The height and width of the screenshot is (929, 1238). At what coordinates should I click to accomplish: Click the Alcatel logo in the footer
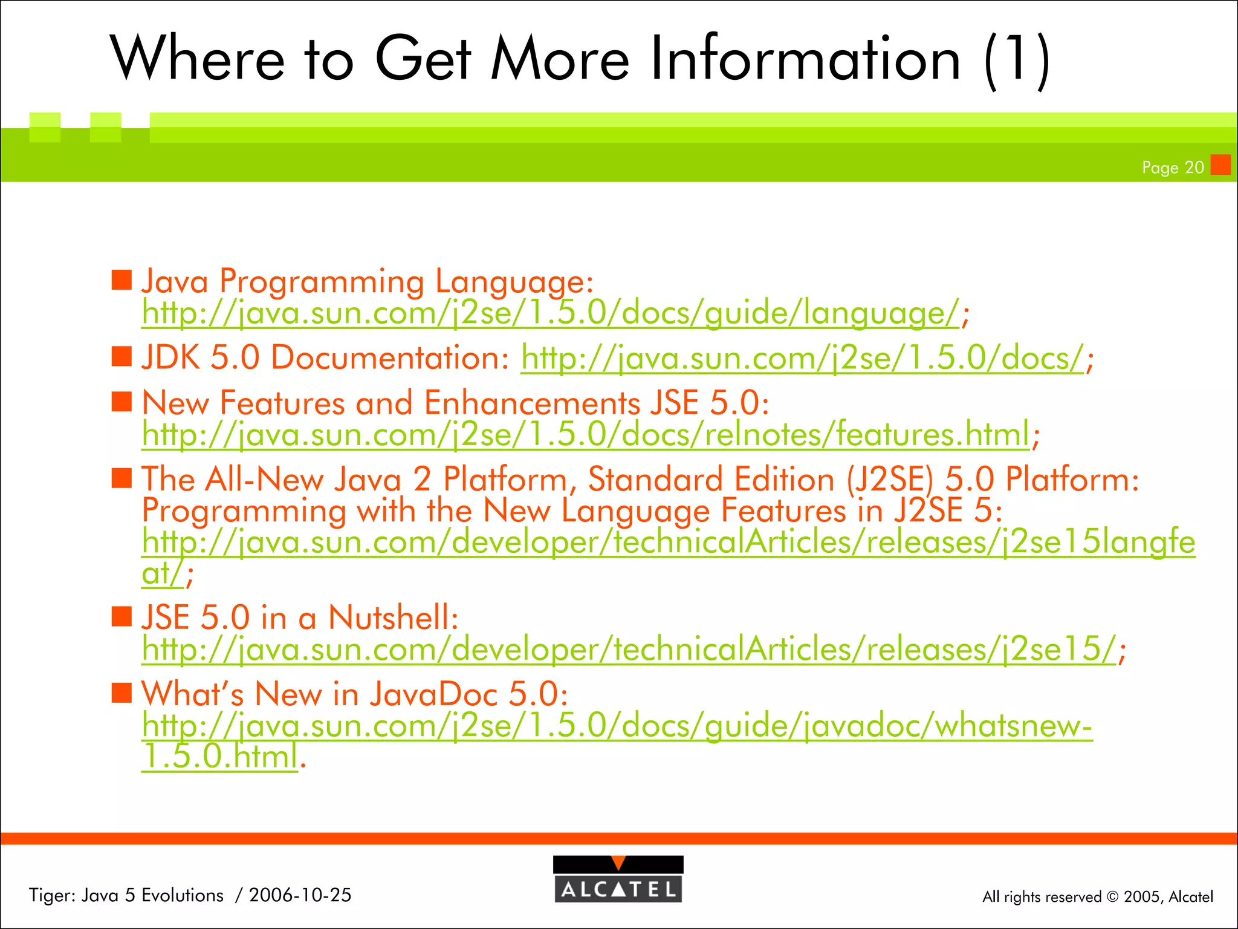pyautogui.click(x=618, y=879)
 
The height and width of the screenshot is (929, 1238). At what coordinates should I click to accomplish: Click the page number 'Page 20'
pyautogui.click(x=1173, y=168)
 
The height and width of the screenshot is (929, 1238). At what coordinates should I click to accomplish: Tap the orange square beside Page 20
pyautogui.click(x=1220, y=165)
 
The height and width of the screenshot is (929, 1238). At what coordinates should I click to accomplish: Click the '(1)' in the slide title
pyautogui.click(x=1017, y=60)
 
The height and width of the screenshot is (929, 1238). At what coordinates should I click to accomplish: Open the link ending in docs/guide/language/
pyautogui.click(x=550, y=313)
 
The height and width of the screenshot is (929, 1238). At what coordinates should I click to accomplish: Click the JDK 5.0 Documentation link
pyautogui.click(x=802, y=358)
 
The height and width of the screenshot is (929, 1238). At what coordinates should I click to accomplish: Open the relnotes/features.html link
pyautogui.click(x=585, y=434)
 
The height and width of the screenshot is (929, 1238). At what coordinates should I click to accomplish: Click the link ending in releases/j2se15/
pyautogui.click(x=629, y=650)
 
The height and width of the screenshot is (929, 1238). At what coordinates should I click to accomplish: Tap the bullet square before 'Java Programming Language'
pyautogui.click(x=122, y=281)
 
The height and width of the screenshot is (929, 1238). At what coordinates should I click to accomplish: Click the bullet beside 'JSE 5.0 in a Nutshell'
pyautogui.click(x=122, y=617)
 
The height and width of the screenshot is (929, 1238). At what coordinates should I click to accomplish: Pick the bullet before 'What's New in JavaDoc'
pyautogui.click(x=122, y=693)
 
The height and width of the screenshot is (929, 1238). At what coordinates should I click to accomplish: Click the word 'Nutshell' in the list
pyautogui.click(x=394, y=618)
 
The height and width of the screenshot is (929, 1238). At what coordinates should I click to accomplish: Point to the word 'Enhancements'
pyautogui.click(x=532, y=403)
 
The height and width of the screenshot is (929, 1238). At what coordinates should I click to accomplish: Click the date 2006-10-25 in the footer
pyautogui.click(x=300, y=895)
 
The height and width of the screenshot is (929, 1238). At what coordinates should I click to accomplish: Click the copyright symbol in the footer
pyautogui.click(x=1112, y=897)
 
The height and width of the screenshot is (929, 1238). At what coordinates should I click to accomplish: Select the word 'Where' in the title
pyautogui.click(x=197, y=59)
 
